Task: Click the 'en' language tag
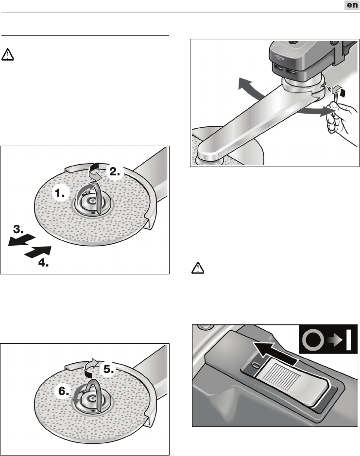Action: (352, 5)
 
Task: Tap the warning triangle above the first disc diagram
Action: (8, 54)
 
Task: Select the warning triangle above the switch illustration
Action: (198, 268)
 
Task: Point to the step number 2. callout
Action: (115, 171)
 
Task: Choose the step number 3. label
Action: (18, 229)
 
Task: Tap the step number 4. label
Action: (43, 263)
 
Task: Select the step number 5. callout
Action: (108, 370)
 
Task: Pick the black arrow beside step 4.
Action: (38, 252)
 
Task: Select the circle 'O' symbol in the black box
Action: (313, 339)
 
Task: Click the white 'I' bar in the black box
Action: (349, 339)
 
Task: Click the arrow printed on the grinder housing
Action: (279, 58)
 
